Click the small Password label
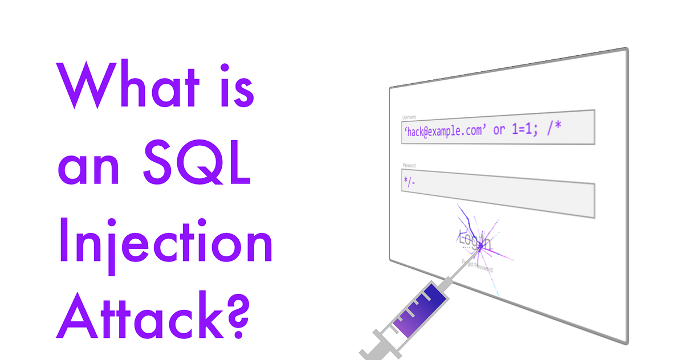409,166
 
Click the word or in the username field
499,131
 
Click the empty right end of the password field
559,199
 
